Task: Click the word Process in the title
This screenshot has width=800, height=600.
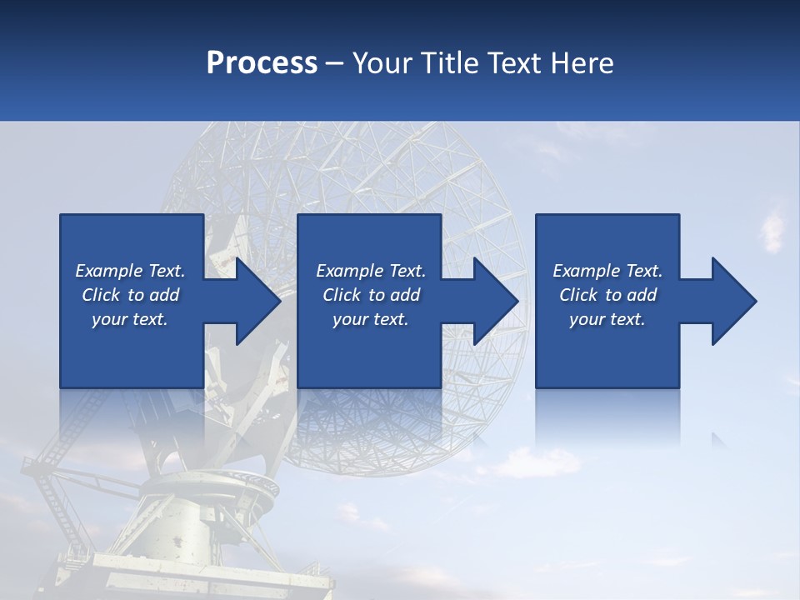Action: pos(262,62)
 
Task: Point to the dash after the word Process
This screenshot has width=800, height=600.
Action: pos(335,64)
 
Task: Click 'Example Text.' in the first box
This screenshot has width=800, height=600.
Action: pos(130,271)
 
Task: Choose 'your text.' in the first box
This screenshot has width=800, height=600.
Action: pos(130,319)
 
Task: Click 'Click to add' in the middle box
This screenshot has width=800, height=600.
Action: pos(371,295)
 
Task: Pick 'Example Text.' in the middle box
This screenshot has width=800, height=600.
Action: pos(371,271)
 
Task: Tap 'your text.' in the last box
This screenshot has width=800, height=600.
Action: pos(607,319)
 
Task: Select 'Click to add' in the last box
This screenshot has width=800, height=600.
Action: pos(607,295)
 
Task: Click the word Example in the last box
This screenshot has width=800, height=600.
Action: pos(587,271)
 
